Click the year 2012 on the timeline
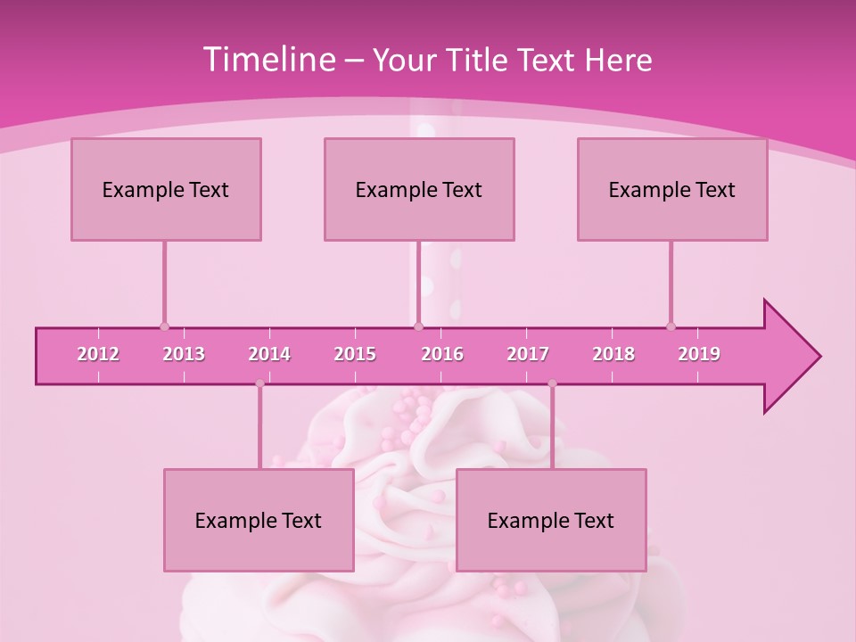[98, 354]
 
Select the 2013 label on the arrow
[184, 354]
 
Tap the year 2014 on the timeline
[269, 354]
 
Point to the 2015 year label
[355, 354]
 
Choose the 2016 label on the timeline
[442, 354]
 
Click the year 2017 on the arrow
[528, 354]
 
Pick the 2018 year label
[613, 354]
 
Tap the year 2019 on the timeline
[699, 354]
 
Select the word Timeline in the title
[267, 60]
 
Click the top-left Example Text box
[166, 189]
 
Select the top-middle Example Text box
[419, 189]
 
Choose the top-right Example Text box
[672, 189]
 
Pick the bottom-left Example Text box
[259, 520]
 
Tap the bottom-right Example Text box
[551, 520]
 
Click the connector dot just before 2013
[164, 326]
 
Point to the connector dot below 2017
[552, 383]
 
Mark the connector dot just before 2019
[671, 326]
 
